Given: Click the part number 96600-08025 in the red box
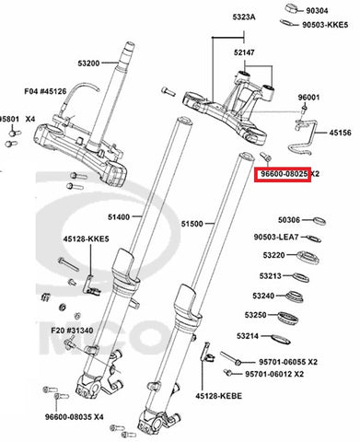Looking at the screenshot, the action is (x=284, y=174).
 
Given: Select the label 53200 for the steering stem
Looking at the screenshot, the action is (x=88, y=64).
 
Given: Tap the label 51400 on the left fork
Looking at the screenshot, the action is (x=119, y=217).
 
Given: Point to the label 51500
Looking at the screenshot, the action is (x=192, y=224).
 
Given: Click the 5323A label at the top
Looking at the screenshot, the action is (x=244, y=17).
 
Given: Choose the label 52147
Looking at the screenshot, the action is (x=244, y=52).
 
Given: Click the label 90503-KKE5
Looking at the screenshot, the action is (x=325, y=25).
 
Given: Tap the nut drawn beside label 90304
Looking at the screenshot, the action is (x=293, y=8).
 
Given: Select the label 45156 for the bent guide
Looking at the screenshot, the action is (x=341, y=133).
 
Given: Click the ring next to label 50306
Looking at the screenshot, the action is (x=319, y=221).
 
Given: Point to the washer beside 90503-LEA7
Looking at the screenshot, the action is (x=314, y=238).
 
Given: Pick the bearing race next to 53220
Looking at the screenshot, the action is (x=308, y=258).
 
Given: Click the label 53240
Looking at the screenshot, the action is (x=263, y=296).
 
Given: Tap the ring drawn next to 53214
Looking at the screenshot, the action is (x=281, y=339).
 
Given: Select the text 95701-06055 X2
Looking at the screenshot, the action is (x=288, y=362).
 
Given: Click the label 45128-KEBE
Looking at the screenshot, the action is (x=219, y=396).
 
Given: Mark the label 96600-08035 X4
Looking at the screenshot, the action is (x=75, y=417).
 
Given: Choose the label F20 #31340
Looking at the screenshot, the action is (x=72, y=331).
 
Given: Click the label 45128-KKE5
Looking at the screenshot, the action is (x=87, y=238).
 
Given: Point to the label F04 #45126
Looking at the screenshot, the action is (x=45, y=91).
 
